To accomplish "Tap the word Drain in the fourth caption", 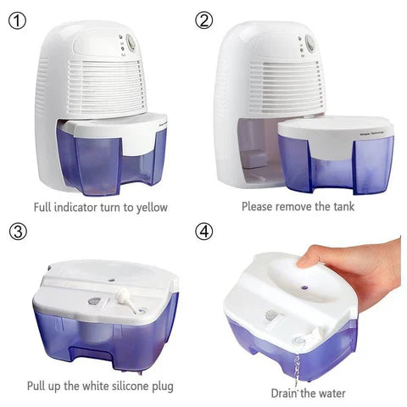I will pos(287,393).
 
